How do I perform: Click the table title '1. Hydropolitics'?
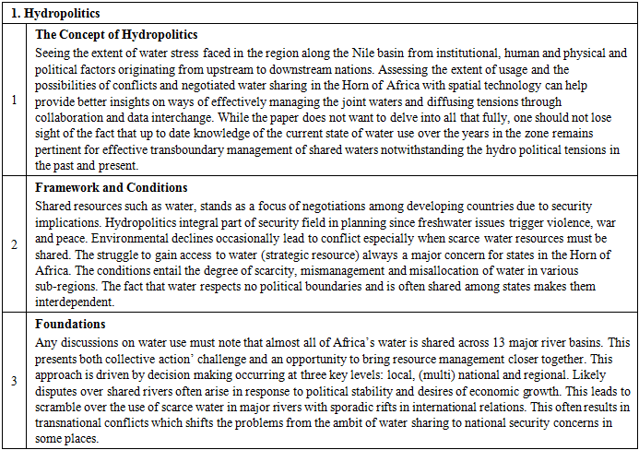[x=56, y=14]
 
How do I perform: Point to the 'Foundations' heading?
[x=70, y=325]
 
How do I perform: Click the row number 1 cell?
[x=13, y=101]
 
